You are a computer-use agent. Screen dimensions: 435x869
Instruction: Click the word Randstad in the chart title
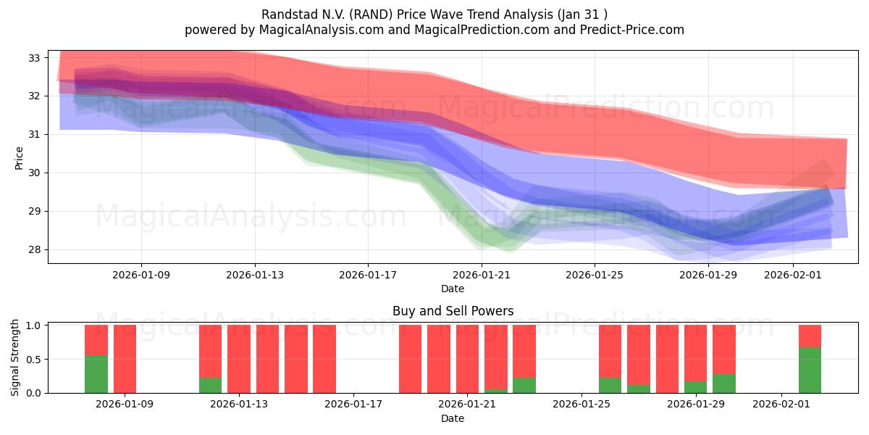click(x=283, y=14)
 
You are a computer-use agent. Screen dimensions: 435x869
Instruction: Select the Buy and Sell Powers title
click(x=453, y=311)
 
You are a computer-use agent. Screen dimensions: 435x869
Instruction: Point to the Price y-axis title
click(x=20, y=157)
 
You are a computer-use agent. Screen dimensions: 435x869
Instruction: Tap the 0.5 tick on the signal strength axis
click(x=34, y=359)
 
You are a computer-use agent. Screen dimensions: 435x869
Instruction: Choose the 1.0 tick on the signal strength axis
click(x=34, y=326)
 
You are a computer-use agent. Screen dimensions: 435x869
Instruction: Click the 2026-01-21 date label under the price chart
click(x=481, y=275)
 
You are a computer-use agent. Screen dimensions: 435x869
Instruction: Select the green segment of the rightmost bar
click(x=810, y=370)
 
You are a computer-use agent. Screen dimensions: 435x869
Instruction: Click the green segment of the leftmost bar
click(x=96, y=374)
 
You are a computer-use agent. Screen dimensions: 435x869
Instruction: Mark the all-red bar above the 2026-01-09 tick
click(x=125, y=359)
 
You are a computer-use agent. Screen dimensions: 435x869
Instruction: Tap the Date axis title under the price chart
click(x=453, y=289)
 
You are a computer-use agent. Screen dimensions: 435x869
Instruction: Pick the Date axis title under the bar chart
click(x=453, y=418)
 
